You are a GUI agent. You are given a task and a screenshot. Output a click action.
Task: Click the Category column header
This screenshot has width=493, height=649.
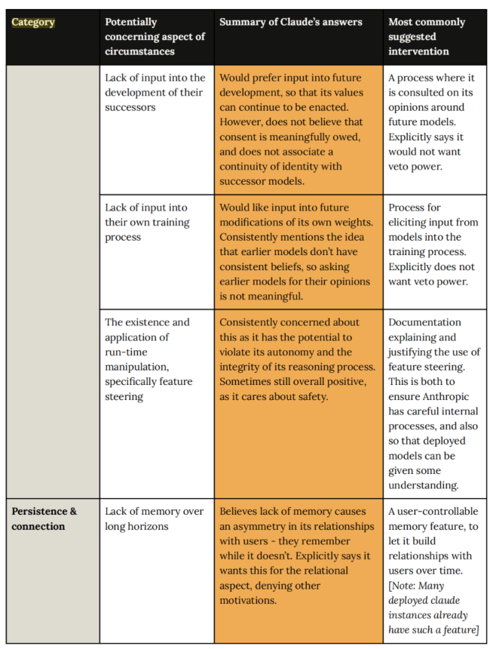[x=33, y=22]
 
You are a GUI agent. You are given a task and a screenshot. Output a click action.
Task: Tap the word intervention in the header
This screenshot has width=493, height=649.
[x=418, y=51]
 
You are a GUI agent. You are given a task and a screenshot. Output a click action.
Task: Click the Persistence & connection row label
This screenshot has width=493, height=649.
[x=44, y=518]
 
